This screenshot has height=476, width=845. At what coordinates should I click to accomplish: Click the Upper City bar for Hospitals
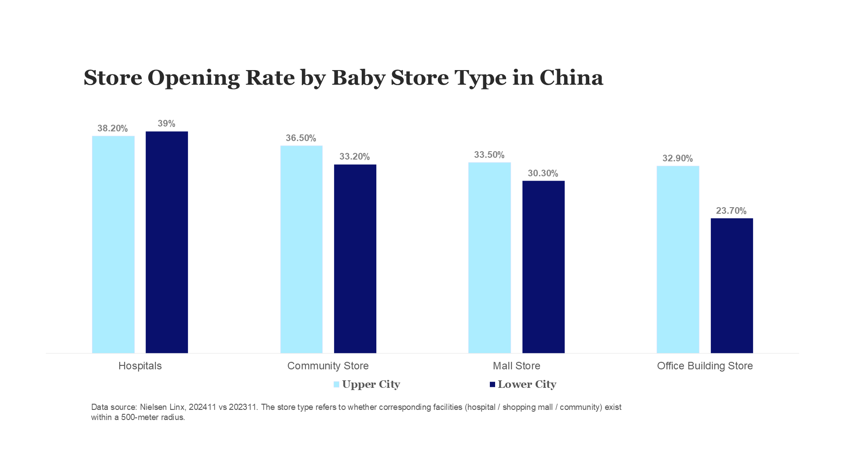coord(113,245)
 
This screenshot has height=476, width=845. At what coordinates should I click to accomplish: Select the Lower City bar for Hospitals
coord(167,242)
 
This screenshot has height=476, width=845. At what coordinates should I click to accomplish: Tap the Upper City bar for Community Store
coord(301,249)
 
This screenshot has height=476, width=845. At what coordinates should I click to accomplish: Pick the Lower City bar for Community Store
coord(355,259)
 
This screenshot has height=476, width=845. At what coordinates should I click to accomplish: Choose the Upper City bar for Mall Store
coord(489,258)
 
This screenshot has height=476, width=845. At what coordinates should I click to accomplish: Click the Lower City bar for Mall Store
coord(544,267)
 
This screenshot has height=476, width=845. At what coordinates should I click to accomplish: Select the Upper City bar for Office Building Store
coord(678,260)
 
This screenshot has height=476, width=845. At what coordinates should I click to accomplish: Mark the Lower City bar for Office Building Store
coord(732,286)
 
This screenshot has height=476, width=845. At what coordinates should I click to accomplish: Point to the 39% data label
coord(166,124)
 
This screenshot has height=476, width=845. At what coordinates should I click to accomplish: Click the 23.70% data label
coord(731,211)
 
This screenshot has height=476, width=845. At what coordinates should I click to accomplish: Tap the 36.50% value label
coord(301,138)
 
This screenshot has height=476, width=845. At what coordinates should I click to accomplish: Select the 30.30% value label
coord(543,173)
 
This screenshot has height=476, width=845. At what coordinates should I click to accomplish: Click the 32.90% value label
coord(677,158)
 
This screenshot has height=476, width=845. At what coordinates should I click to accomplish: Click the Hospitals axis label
coord(140,366)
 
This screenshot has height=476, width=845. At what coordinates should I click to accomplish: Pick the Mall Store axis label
coord(516,366)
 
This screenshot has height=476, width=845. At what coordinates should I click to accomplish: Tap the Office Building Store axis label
coord(705,366)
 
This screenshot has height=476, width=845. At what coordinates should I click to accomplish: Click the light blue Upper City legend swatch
coord(336,384)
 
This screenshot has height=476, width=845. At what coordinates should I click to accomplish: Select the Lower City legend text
coord(527,384)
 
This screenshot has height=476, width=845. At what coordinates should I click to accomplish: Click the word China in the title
coord(571,78)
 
